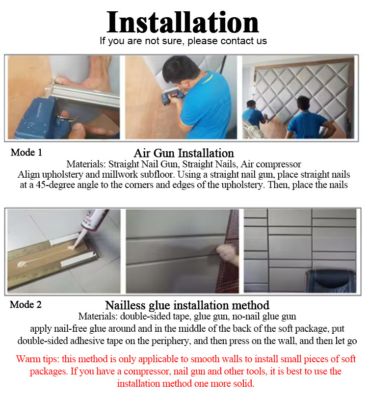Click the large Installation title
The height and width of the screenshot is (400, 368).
tap(183, 23)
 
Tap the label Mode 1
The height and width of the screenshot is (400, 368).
tap(26, 153)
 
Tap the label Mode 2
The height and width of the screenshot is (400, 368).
tap(26, 305)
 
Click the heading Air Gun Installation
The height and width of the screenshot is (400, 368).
tap(184, 153)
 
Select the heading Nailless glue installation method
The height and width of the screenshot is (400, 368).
tap(187, 305)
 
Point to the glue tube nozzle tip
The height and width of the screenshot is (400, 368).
tap(71, 248)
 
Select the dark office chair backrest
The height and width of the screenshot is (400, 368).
tap(332, 281)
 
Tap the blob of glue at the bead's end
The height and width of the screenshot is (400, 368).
tap(21, 264)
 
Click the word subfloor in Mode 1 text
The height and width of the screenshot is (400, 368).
tap(157, 175)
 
